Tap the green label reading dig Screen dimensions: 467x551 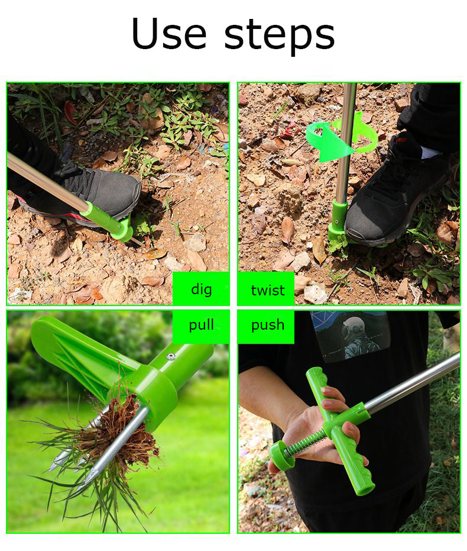[x=201, y=288]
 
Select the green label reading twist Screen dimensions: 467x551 [x=266, y=289]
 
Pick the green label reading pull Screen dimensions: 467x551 [x=201, y=326]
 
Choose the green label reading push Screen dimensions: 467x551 [x=266, y=326]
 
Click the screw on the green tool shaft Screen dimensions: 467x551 [x=171, y=356]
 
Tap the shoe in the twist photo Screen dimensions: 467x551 [x=393, y=190]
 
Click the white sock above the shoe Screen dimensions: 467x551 [x=430, y=153]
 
